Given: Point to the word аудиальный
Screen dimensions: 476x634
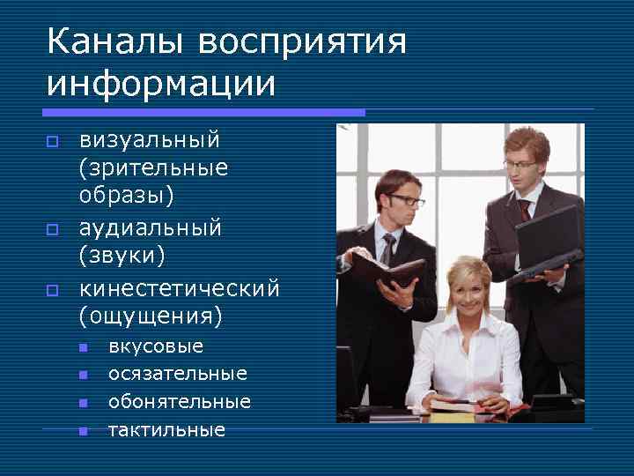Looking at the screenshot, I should pyautogui.click(x=151, y=228).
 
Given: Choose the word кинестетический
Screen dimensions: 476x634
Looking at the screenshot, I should pyautogui.click(x=180, y=288).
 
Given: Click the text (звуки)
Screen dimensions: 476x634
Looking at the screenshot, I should pyautogui.click(x=122, y=257).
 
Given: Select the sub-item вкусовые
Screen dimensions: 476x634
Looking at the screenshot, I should pyautogui.click(x=156, y=346).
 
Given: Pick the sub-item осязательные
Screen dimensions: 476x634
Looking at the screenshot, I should pyautogui.click(x=178, y=374).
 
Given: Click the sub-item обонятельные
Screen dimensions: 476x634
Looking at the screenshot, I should pyautogui.click(x=180, y=402).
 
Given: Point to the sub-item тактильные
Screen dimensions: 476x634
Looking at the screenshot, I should pyautogui.click(x=166, y=430).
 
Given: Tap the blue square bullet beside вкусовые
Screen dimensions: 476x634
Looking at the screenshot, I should pyautogui.click(x=83, y=347).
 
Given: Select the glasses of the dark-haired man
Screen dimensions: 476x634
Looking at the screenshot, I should pyautogui.click(x=405, y=200).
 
